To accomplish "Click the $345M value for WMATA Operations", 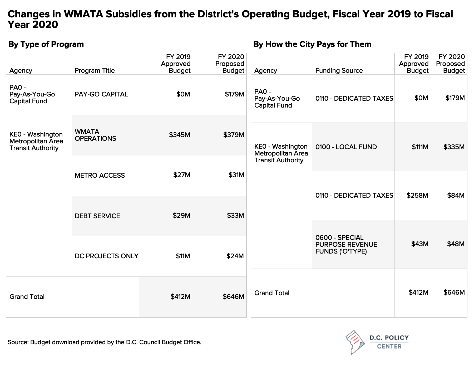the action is pyautogui.click(x=180, y=135).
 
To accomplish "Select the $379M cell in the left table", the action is pyautogui.click(x=234, y=135).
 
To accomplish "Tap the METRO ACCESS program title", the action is pyautogui.click(x=100, y=176).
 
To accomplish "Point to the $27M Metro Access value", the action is pyautogui.click(x=182, y=175).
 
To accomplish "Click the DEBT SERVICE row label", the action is pyautogui.click(x=97, y=216).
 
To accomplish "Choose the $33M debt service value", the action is pyautogui.click(x=236, y=216).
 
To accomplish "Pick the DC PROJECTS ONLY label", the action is pyautogui.click(x=106, y=256).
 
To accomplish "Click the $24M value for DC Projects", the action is pyautogui.click(x=235, y=256).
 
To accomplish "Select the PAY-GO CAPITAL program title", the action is pyautogui.click(x=101, y=94).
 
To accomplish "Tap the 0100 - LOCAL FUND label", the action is pyautogui.click(x=346, y=147).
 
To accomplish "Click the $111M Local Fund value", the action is pyautogui.click(x=420, y=147).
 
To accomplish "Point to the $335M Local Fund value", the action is pyautogui.click(x=454, y=147).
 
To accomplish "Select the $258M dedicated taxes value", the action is pyautogui.click(x=417, y=196).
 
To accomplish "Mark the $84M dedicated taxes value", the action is pyautogui.click(x=456, y=196).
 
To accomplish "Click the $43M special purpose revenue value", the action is pyautogui.click(x=420, y=244).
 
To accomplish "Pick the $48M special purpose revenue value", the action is pyautogui.click(x=456, y=244).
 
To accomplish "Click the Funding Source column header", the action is pyautogui.click(x=339, y=71).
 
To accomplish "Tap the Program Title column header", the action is pyautogui.click(x=95, y=71).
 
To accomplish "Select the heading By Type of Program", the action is pyautogui.click(x=46, y=44).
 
